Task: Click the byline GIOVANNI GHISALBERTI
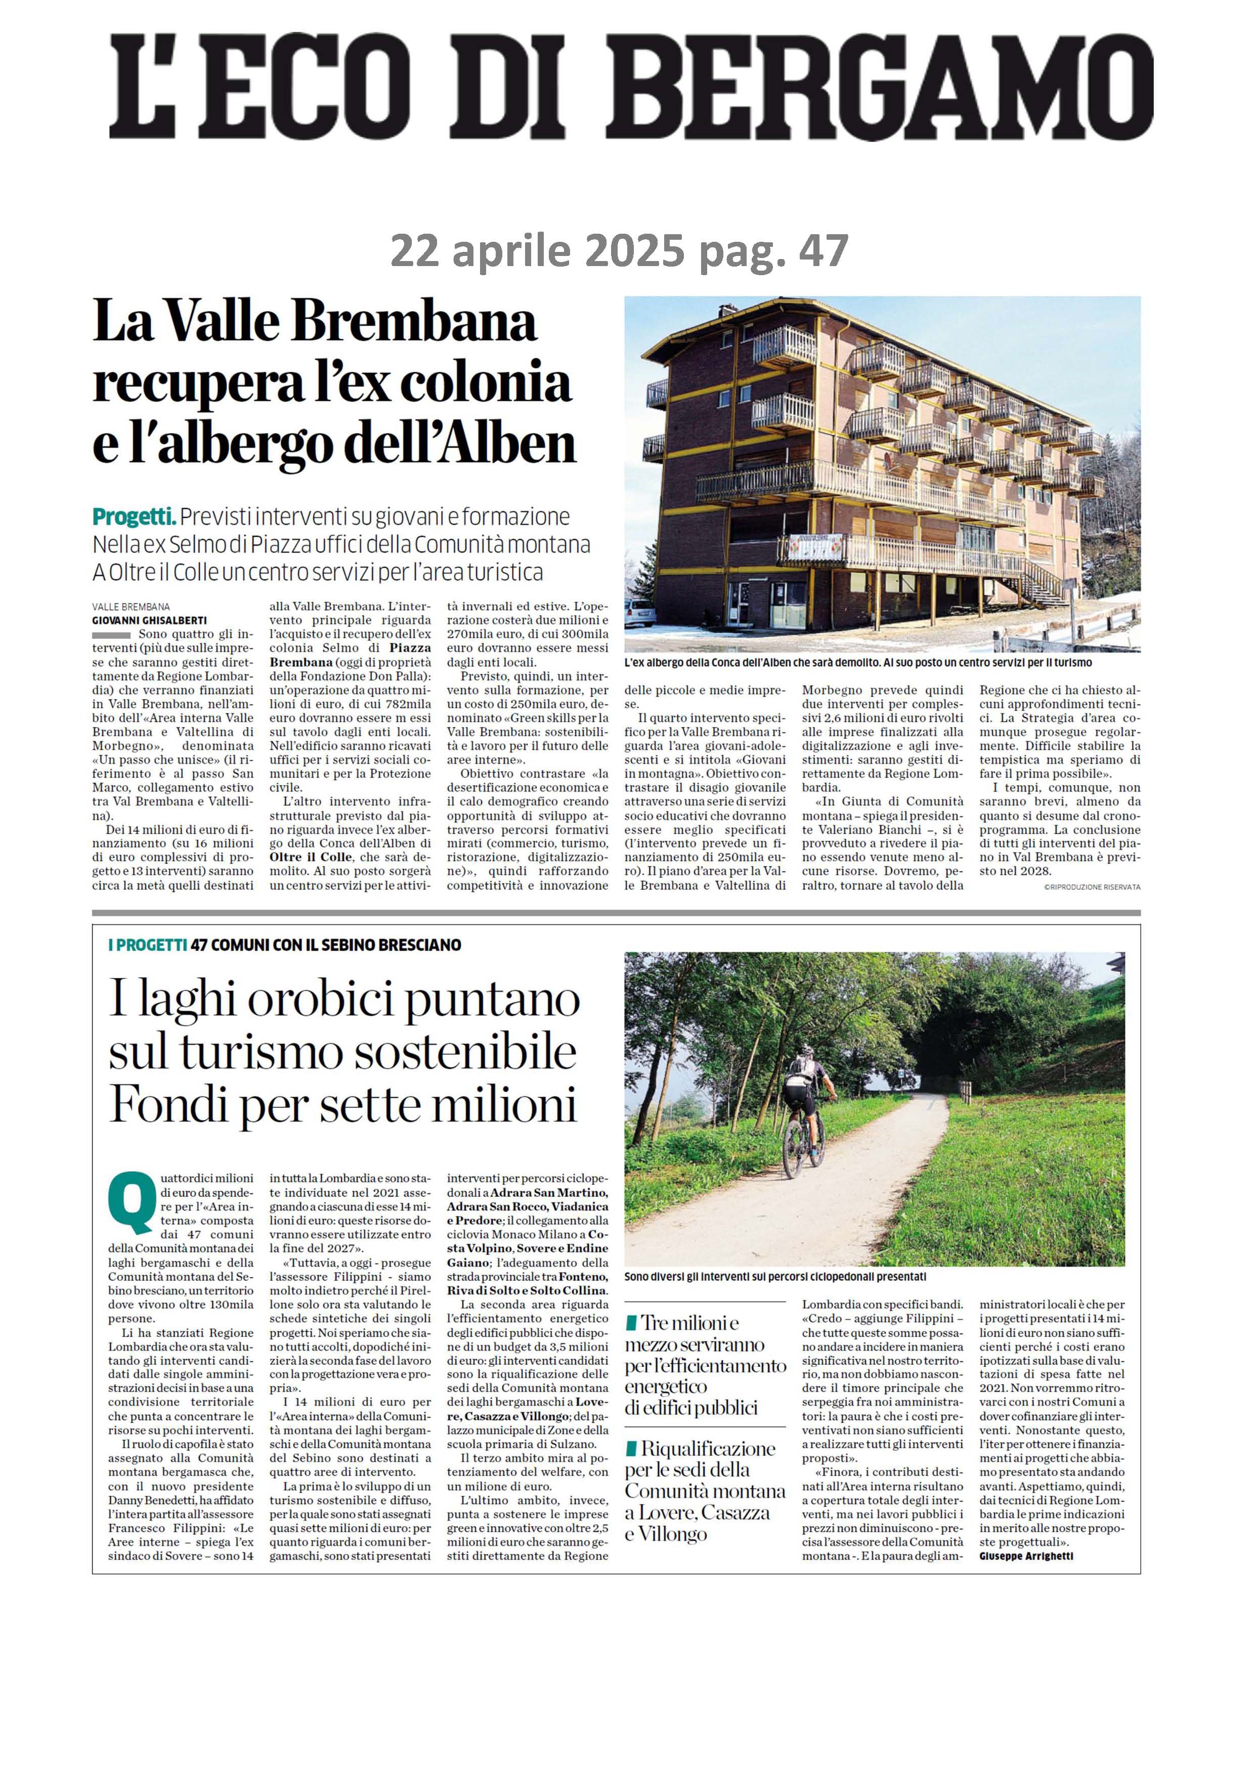[150, 620]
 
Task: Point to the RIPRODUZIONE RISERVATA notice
[1091, 887]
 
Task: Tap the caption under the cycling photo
[774, 1277]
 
